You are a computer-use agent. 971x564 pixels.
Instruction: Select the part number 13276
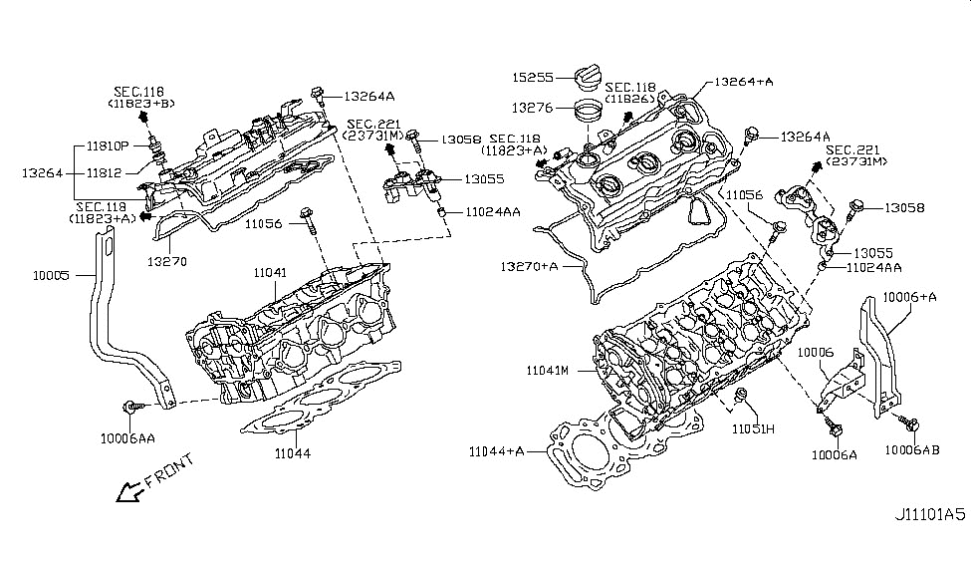coord(532,108)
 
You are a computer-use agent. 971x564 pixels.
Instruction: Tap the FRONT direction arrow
coord(130,491)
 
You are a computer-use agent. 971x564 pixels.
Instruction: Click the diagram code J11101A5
coord(929,514)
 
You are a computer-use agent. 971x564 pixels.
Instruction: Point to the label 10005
coord(52,275)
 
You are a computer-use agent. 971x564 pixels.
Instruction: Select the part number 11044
coord(293,453)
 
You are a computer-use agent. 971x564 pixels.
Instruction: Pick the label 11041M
coord(548,371)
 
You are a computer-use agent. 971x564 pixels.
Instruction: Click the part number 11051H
coord(753,428)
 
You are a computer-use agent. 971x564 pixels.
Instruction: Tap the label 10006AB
coord(911,450)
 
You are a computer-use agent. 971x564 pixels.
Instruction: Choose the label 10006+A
coord(909,297)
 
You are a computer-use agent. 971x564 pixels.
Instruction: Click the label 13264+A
coord(744,81)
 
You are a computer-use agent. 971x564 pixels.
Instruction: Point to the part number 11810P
coord(108,146)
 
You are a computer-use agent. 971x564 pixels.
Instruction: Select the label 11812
coord(104,173)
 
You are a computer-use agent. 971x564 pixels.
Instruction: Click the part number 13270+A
coord(530,266)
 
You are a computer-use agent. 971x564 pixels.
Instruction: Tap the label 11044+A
coord(497,451)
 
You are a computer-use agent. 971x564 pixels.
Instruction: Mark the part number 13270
coord(167,261)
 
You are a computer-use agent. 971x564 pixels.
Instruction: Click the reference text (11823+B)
coord(141,104)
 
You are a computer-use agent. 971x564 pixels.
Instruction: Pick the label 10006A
coord(835,455)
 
